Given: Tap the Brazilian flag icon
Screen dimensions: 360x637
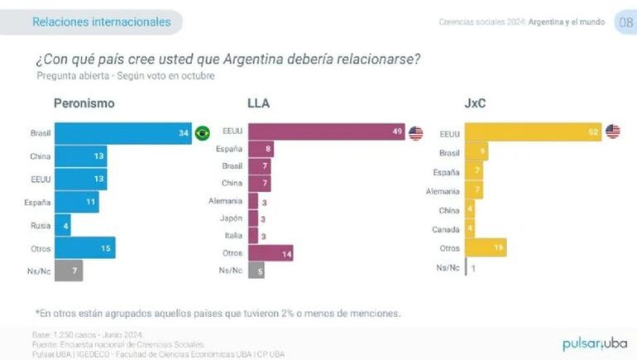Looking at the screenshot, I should pos(202,132).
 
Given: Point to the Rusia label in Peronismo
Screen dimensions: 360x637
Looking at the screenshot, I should pos(39,224).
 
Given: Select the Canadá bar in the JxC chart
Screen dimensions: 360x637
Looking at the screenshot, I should pos(471,228).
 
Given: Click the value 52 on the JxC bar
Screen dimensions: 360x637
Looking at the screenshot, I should pos(592,132).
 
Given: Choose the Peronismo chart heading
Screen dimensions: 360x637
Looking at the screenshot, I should pos(84,103).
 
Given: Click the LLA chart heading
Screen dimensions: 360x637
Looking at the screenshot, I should pos(258,103).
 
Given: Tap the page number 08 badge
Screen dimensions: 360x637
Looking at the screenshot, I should pos(625,22).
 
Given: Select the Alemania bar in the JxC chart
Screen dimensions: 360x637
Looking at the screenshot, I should pos(475,190).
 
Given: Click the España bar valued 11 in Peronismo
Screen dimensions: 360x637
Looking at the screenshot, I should pos(76,201).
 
